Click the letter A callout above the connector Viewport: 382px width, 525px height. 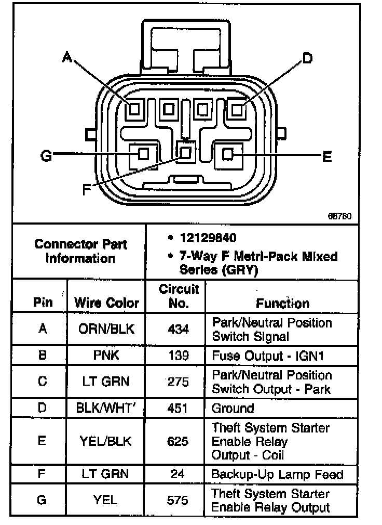(66, 57)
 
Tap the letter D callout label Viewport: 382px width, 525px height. (307, 58)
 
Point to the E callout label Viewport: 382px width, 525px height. (327, 156)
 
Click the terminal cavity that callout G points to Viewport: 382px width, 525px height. (143, 153)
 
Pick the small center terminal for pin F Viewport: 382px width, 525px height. (185, 152)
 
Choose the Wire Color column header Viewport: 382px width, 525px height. (106, 303)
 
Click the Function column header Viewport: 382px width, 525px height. (282, 303)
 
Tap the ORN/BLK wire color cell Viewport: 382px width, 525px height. (106, 329)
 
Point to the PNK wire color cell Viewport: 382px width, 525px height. (106, 356)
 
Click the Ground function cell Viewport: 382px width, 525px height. (233, 408)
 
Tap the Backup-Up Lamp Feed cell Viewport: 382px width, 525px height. (277, 474)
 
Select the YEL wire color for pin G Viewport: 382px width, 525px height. (106, 500)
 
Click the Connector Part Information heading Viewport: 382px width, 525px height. (80, 251)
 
